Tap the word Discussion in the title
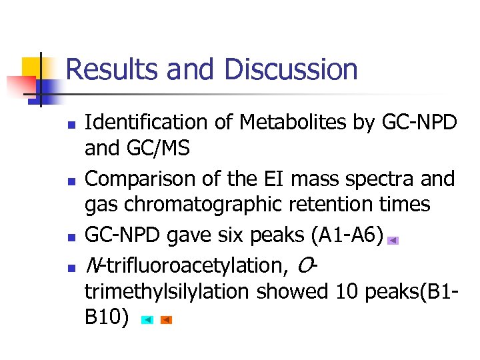coord(291,70)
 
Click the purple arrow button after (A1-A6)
coord(393,241)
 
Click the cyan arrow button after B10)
coord(147,320)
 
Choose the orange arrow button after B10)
coord(167,320)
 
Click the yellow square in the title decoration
coord(33,67)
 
